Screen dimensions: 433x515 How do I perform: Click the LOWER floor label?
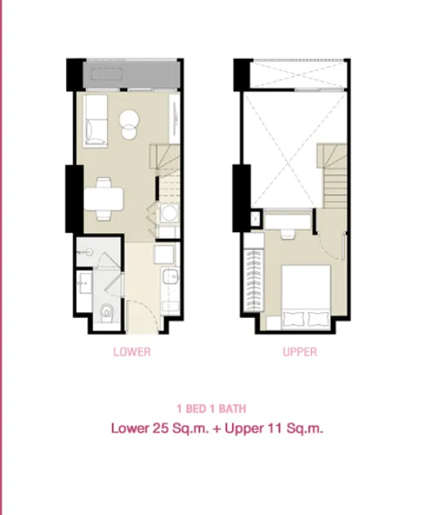click(x=132, y=352)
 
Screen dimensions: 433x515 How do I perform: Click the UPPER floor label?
click(x=300, y=352)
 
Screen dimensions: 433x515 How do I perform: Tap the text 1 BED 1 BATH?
click(x=212, y=409)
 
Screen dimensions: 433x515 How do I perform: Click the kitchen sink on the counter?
click(x=171, y=276)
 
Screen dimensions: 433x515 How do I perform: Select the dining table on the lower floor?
click(x=104, y=199)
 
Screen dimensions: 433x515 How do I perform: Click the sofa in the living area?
click(x=96, y=120)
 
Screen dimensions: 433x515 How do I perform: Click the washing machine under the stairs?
click(x=169, y=213)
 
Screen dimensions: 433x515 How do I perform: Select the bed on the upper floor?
click(x=306, y=298)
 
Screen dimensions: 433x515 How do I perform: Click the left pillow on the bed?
click(x=293, y=319)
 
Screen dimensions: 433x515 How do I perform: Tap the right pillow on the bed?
click(x=318, y=319)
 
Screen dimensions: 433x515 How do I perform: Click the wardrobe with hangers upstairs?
click(x=253, y=280)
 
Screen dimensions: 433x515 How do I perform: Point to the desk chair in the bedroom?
click(x=288, y=234)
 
